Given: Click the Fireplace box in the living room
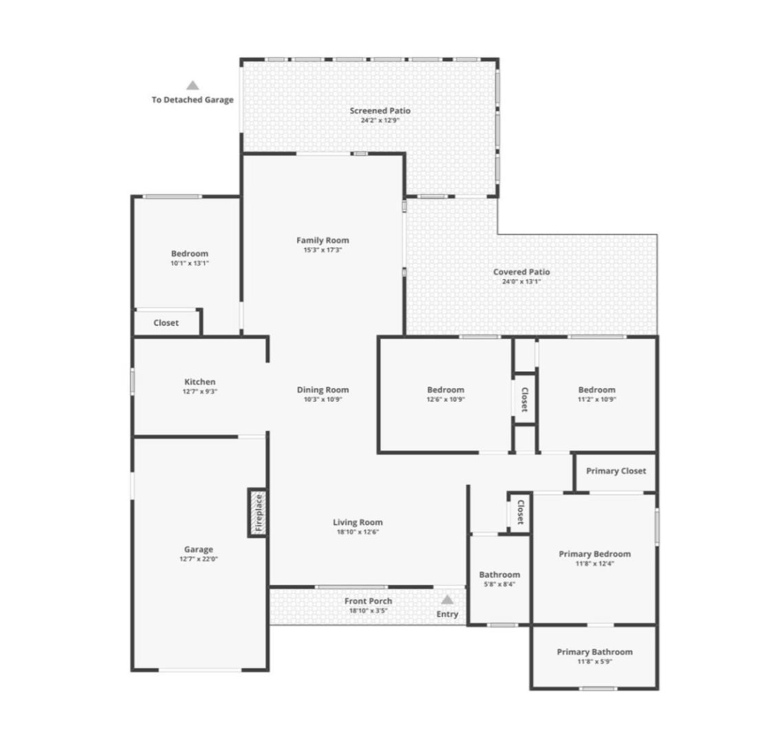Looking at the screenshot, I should click(x=257, y=513).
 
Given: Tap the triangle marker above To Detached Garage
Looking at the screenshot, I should click(x=193, y=85).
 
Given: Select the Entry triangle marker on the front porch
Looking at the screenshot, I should click(x=447, y=599).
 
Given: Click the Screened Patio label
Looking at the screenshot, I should click(x=380, y=110).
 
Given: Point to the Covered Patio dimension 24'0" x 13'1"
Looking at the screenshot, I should click(x=521, y=281).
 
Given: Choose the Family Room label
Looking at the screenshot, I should click(x=323, y=240).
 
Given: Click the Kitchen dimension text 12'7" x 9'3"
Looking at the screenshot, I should click(x=199, y=391).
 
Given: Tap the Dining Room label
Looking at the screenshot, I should click(x=323, y=389).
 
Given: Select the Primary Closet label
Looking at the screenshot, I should click(x=616, y=471).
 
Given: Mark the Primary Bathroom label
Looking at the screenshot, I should click(x=594, y=652).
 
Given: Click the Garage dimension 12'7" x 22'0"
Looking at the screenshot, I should click(x=198, y=559).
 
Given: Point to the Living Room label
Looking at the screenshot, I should click(x=358, y=522).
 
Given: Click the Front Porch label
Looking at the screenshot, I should click(x=368, y=601).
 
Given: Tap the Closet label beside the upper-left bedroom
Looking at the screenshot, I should click(x=166, y=323).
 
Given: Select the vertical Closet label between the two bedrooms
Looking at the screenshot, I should click(x=524, y=400).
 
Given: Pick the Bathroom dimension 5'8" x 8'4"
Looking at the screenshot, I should click(x=499, y=584).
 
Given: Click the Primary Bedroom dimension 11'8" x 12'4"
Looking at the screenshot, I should click(x=594, y=563).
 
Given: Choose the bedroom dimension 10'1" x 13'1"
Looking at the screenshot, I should click(x=189, y=263).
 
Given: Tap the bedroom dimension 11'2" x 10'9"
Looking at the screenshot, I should click(x=596, y=399).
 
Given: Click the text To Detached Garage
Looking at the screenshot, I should click(x=193, y=100).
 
